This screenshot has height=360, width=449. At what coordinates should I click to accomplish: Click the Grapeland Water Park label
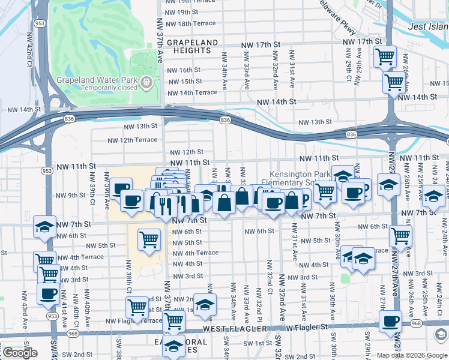point(97,80)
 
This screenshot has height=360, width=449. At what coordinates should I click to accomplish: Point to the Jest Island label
point(428,26)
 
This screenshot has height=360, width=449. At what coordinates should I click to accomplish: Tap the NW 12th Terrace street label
point(132,140)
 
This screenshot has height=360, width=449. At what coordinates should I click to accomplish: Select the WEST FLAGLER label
point(231,328)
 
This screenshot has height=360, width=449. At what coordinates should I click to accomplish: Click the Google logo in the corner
point(20,353)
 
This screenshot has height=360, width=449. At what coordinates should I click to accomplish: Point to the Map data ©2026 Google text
point(412,355)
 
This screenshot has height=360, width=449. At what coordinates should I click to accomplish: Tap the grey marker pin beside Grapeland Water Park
point(146,81)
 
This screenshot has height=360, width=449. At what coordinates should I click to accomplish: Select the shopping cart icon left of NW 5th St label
point(149,239)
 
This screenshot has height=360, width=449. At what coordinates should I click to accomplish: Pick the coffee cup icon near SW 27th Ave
point(391,320)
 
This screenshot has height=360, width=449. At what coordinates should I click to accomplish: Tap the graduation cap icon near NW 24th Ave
point(433,196)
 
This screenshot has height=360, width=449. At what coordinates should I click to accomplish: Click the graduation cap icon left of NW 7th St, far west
point(44,226)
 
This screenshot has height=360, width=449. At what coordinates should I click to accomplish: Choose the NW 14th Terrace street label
point(192,93)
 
